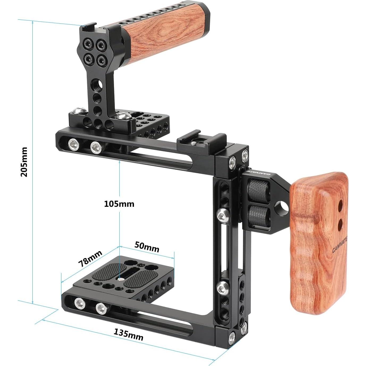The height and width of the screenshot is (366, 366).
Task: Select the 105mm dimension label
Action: (x=119, y=204)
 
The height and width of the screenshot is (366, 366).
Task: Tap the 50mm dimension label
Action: (x=147, y=247)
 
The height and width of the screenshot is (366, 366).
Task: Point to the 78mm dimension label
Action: (x=90, y=259)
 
